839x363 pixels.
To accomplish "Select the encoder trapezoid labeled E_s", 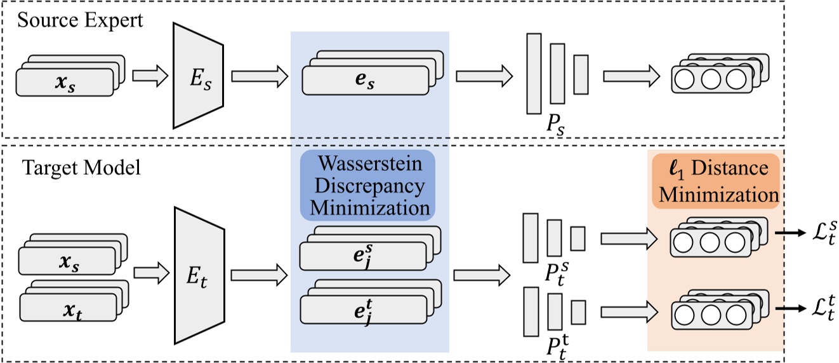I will tap(198, 76).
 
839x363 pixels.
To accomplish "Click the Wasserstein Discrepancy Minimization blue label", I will tap(367, 185).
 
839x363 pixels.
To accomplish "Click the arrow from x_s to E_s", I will tap(150, 76).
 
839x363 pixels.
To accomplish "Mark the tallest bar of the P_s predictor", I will tap(534, 73).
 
